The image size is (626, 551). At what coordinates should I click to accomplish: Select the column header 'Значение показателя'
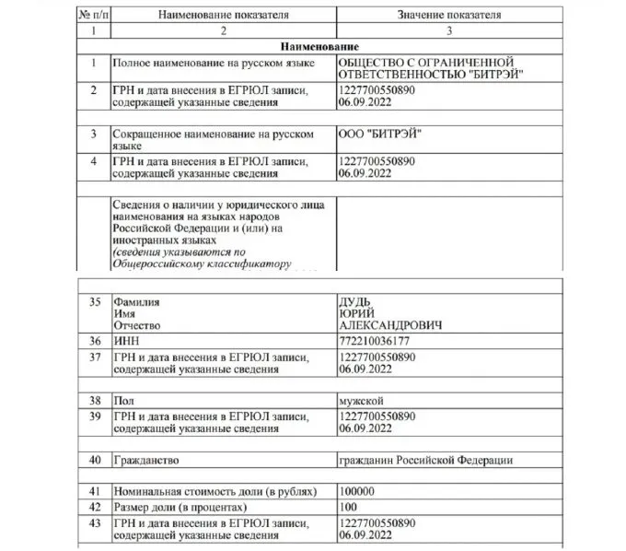[x=448, y=16]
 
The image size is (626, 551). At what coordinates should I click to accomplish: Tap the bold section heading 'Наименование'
[x=315, y=46]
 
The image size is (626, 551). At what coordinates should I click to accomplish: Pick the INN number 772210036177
[x=376, y=341]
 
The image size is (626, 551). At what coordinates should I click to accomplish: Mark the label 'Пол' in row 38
[x=122, y=401]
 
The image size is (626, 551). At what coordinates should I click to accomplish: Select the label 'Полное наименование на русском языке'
[x=213, y=63]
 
